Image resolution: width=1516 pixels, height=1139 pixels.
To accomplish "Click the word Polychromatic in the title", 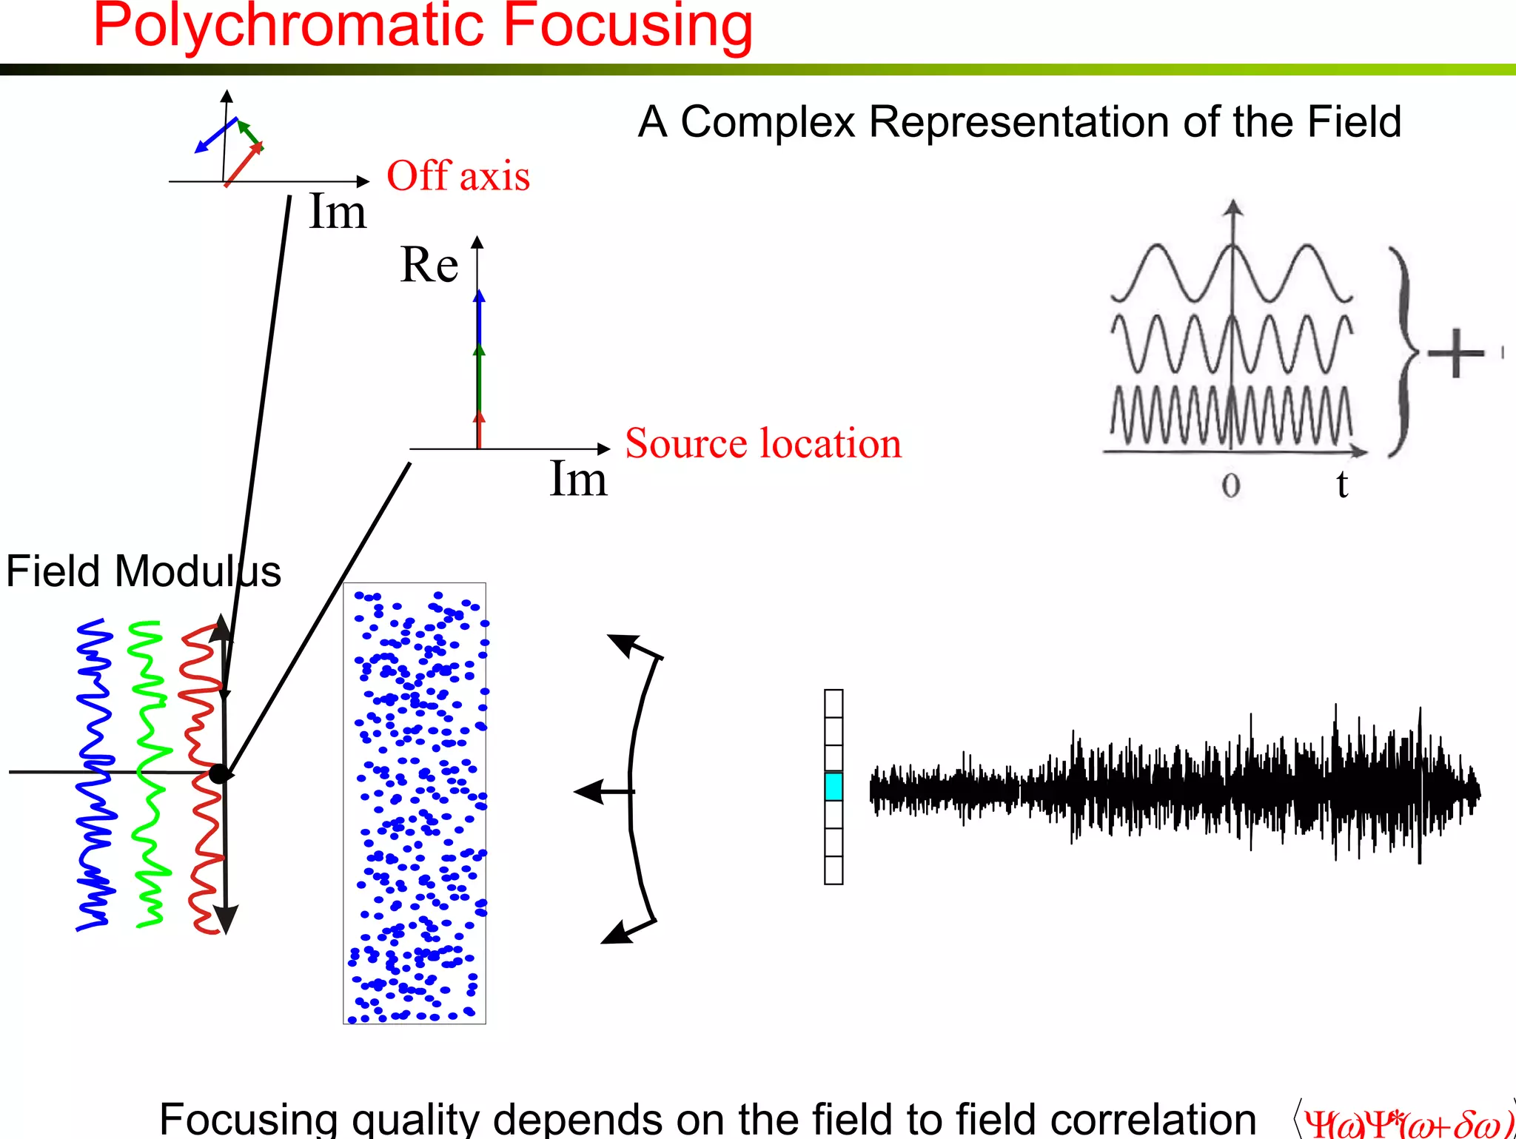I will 289,27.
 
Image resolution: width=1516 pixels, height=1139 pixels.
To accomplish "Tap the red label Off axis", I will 458,176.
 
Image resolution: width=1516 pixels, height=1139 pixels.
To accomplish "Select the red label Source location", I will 763,443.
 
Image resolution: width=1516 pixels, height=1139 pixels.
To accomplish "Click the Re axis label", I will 429,265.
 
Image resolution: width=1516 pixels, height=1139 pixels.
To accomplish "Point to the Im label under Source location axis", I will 578,479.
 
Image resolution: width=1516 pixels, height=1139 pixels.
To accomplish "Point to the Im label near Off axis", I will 337,212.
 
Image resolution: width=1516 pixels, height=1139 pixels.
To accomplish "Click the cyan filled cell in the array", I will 834,787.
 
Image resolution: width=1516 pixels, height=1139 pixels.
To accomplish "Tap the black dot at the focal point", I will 219,773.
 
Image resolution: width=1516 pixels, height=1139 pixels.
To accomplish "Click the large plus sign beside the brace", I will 1455,353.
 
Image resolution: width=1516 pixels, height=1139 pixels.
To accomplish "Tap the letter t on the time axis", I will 1342,485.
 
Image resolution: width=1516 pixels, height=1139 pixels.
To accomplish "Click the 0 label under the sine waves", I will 1230,485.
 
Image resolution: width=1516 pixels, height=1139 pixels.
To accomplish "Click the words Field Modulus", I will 143,571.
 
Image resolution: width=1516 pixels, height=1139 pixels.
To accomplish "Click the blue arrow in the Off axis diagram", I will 215,135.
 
